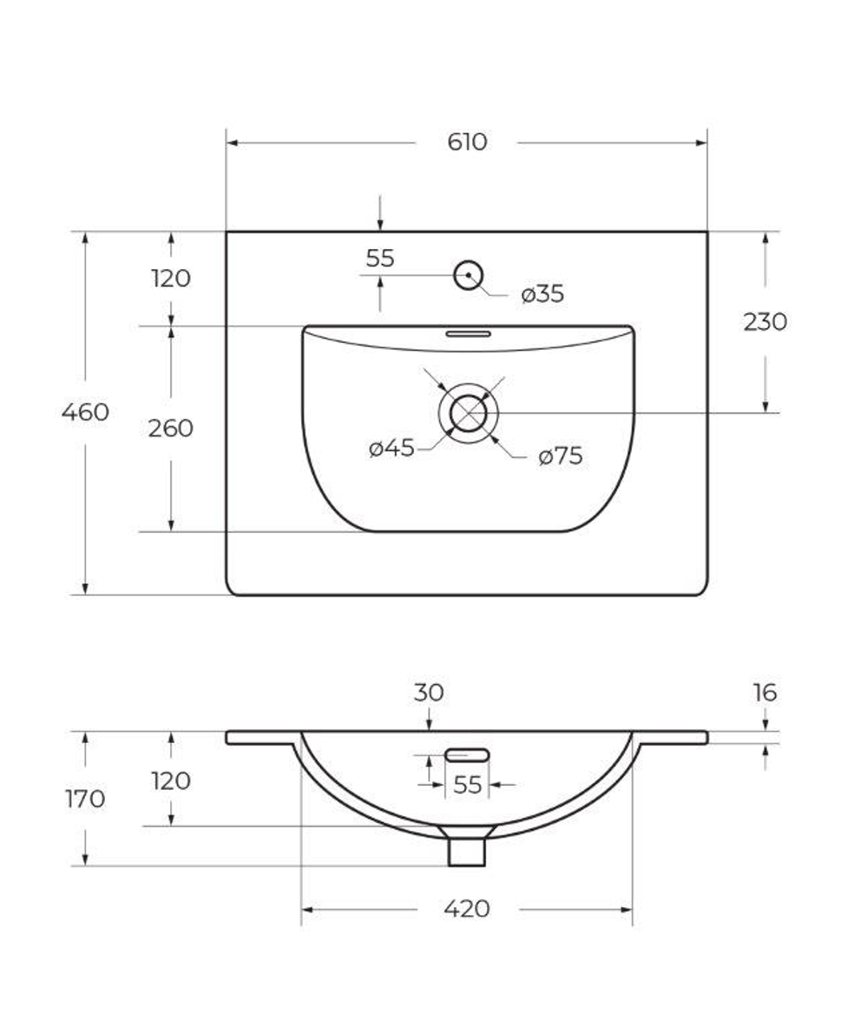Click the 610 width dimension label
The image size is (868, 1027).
tap(467, 142)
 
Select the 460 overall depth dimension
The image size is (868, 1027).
tap(85, 411)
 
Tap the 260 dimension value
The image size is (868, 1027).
tap(170, 428)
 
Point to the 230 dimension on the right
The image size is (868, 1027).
tap(765, 322)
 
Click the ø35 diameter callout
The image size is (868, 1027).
tap(542, 294)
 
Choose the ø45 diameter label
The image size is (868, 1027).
tap(391, 448)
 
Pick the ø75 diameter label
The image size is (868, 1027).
tap(560, 456)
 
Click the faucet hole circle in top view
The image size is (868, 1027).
tap(469, 275)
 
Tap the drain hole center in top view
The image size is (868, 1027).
tap(469, 412)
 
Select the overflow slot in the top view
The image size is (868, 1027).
tap(469, 332)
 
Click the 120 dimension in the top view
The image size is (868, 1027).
tap(170, 279)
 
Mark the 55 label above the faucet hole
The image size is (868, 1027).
tap(380, 258)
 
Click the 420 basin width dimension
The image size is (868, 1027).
tap(467, 909)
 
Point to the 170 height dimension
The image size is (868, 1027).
tap(85, 799)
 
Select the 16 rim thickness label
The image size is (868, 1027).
tap(765, 693)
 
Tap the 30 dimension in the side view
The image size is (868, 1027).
tap(429, 693)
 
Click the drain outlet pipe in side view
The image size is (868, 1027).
tap(467, 851)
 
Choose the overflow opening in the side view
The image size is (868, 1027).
tap(467, 755)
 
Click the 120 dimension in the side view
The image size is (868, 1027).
tap(170, 780)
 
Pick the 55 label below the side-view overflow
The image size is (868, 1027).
tap(467, 785)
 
